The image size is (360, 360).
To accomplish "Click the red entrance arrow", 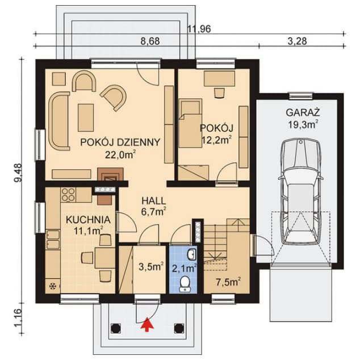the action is pos(147,324).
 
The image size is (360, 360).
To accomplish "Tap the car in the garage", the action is pos(301,192).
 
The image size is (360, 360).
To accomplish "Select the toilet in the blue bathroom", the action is pos(185,284).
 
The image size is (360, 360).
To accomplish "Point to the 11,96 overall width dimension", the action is pos(199,30).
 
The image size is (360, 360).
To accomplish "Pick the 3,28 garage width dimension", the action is pos(297,41).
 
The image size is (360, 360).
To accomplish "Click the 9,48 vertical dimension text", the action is pos(18,173).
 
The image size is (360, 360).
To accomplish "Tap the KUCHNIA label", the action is pos(88,220).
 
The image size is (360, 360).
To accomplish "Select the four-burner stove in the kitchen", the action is pos(68,195).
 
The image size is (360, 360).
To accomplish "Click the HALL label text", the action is pos(154,200).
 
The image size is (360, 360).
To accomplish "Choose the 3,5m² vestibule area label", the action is pos(151,267).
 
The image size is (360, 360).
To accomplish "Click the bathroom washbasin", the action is pos(191,254).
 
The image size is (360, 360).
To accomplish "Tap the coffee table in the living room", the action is pos(86,118).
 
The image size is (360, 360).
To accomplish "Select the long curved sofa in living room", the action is pos(59,121).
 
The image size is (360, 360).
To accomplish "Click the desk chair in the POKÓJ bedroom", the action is pos(219,93).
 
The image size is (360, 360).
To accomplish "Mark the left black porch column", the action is pos(115,328).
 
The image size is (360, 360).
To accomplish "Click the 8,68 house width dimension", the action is pos(150,41).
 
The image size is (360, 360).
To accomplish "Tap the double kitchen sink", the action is pos(53,240).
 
